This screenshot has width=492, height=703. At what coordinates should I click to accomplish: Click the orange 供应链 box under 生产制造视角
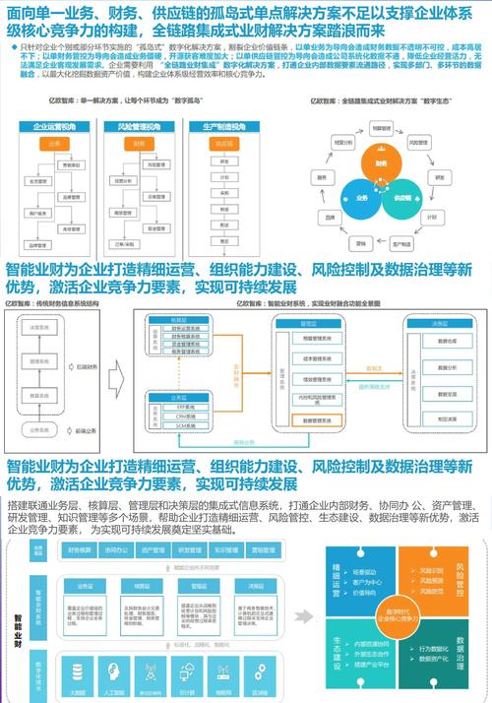[223, 144]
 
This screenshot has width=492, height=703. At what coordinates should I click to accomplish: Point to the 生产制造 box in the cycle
[404, 241]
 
